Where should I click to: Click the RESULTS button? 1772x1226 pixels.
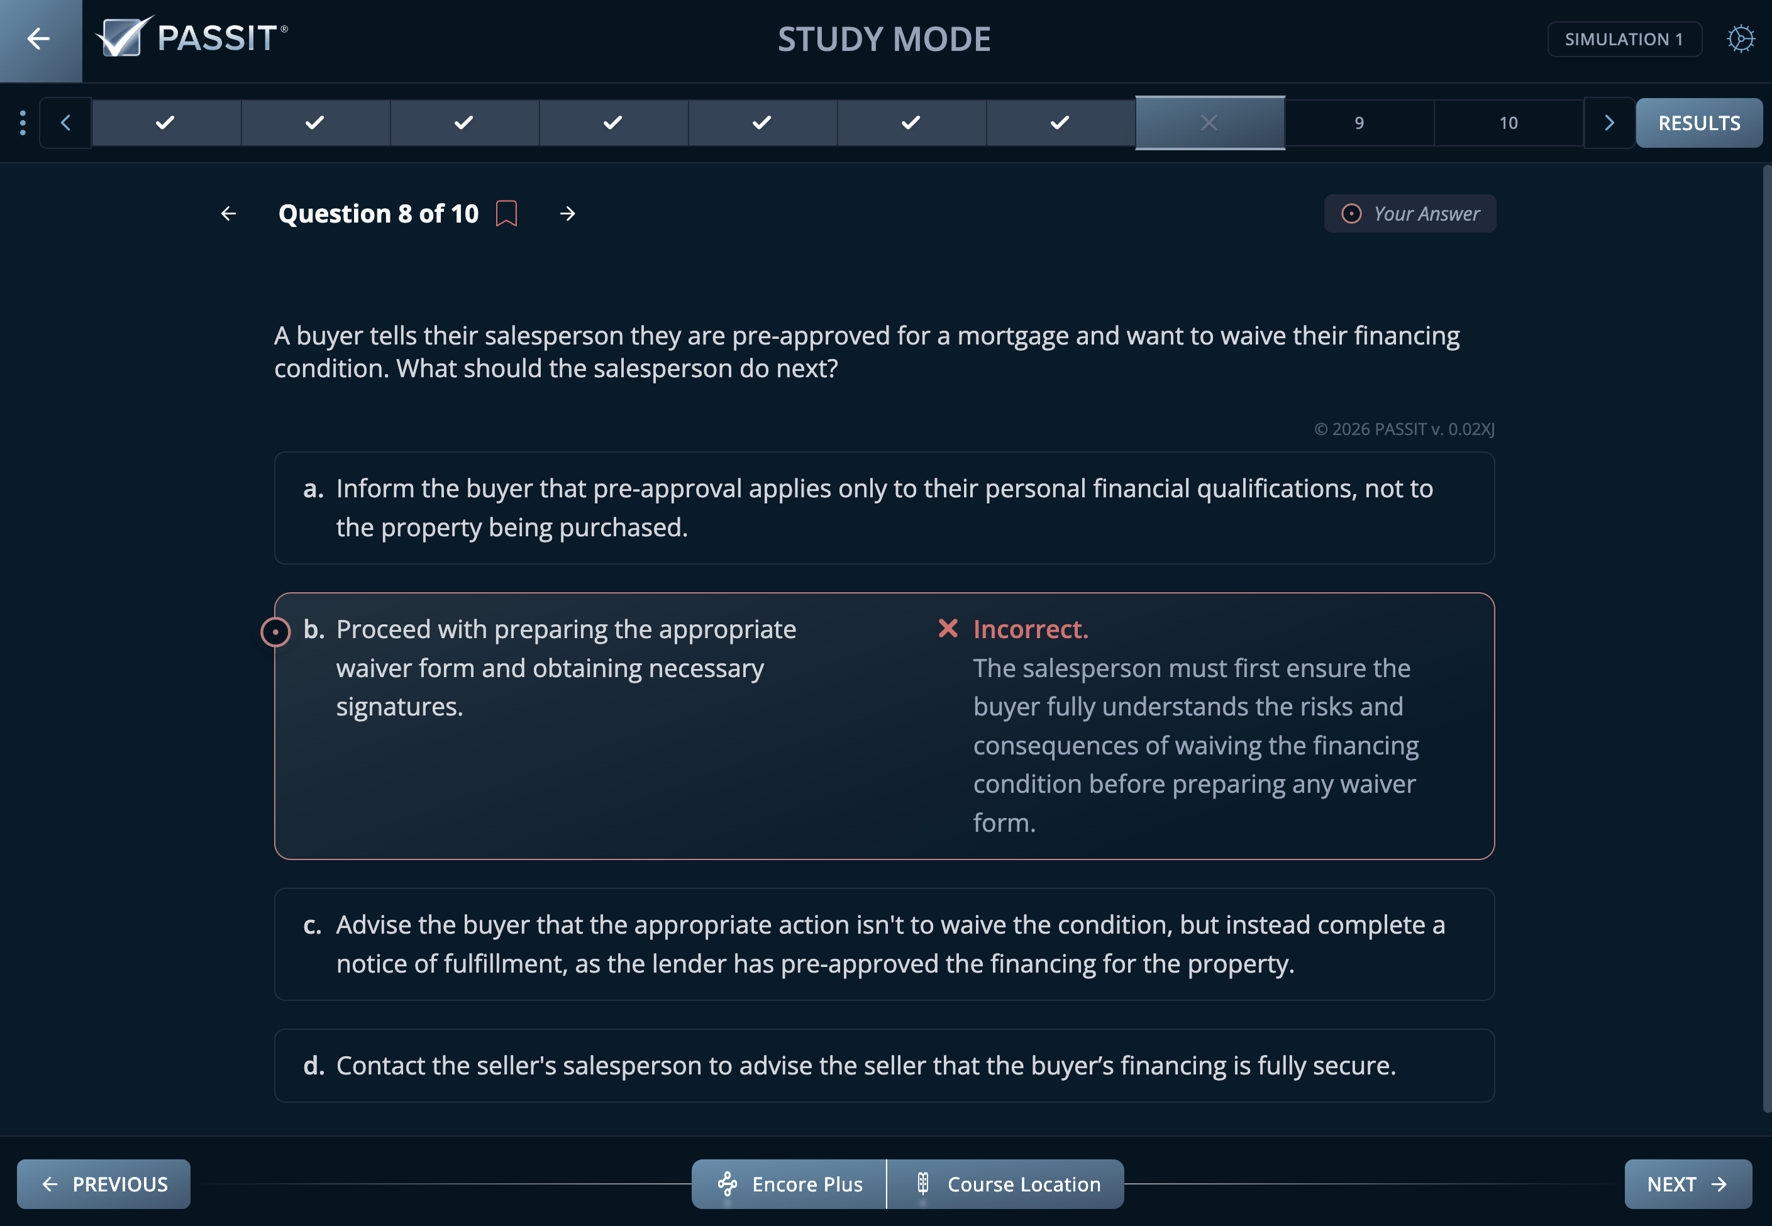(x=1698, y=123)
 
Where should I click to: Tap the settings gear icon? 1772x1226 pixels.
(x=1741, y=39)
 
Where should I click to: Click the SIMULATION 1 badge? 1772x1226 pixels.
(x=1624, y=39)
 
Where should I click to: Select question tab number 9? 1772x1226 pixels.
(x=1359, y=123)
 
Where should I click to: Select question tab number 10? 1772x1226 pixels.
(x=1508, y=123)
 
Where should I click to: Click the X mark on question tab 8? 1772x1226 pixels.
(x=1209, y=123)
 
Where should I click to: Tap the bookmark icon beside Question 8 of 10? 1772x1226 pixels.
(x=506, y=214)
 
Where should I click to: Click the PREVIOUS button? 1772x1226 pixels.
(x=104, y=1184)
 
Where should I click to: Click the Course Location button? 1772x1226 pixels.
(x=1006, y=1184)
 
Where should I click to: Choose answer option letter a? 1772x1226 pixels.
(x=313, y=489)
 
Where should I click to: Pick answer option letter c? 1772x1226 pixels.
(x=312, y=925)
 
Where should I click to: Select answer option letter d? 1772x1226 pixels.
(x=313, y=1066)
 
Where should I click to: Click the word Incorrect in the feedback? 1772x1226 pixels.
(x=1030, y=629)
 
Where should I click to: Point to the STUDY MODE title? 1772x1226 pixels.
(x=884, y=39)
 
